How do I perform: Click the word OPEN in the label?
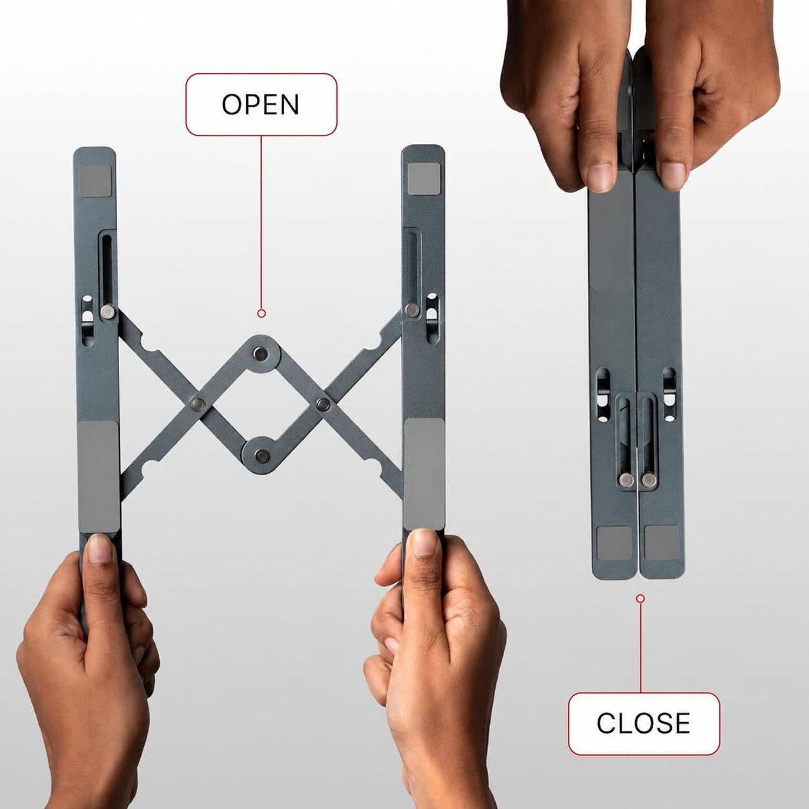pyautogui.click(x=260, y=105)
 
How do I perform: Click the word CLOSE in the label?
pyautogui.click(x=643, y=723)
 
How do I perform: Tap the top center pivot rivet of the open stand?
pyautogui.click(x=262, y=354)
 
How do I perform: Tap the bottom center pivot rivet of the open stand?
pyautogui.click(x=262, y=455)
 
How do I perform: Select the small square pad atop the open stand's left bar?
pyautogui.click(x=95, y=181)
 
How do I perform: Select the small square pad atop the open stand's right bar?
pyautogui.click(x=424, y=179)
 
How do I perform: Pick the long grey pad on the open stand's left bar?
pyautogui.click(x=99, y=477)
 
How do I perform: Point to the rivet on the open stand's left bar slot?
pyautogui.click(x=108, y=312)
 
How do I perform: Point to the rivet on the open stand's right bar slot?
pyautogui.click(x=412, y=310)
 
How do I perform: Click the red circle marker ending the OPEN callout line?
pyautogui.click(x=262, y=313)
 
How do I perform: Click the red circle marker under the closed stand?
pyautogui.click(x=640, y=599)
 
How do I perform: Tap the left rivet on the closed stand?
pyautogui.click(x=626, y=480)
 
